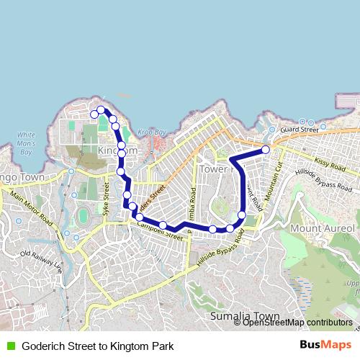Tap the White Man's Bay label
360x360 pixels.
pyautogui.click(x=26, y=143)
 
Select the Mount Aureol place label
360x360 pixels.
pyautogui.click(x=322, y=228)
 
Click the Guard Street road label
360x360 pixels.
pyautogui.click(x=299, y=129)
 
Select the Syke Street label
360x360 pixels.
pyautogui.click(x=106, y=200)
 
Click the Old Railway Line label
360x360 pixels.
pyautogui.click(x=41, y=261)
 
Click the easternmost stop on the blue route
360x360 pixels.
pyautogui.click(x=266, y=150)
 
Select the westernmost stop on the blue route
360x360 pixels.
pyautogui.click(x=94, y=114)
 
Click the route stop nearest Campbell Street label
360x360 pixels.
pyautogui.click(x=163, y=225)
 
